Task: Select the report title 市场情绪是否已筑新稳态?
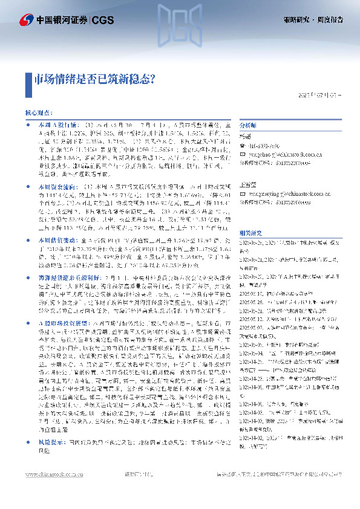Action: coord(94,79)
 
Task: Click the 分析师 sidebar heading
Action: coord(248,124)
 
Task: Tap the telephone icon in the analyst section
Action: coord(243,145)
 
